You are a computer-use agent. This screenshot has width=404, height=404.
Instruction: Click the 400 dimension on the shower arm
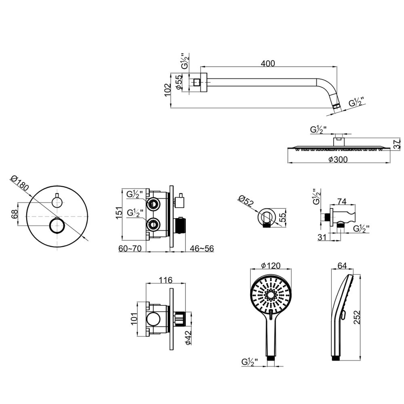tap(268, 63)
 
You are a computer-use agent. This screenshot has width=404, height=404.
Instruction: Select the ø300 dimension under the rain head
tap(338, 160)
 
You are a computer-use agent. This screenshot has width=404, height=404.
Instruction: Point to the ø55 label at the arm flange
tap(179, 82)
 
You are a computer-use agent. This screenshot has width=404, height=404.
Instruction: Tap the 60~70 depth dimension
tap(130, 248)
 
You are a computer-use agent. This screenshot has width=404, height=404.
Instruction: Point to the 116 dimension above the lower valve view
tap(166, 280)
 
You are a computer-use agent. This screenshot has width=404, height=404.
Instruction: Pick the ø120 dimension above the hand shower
tap(271, 265)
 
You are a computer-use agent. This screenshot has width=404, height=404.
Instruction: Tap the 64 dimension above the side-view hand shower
tap(342, 265)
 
